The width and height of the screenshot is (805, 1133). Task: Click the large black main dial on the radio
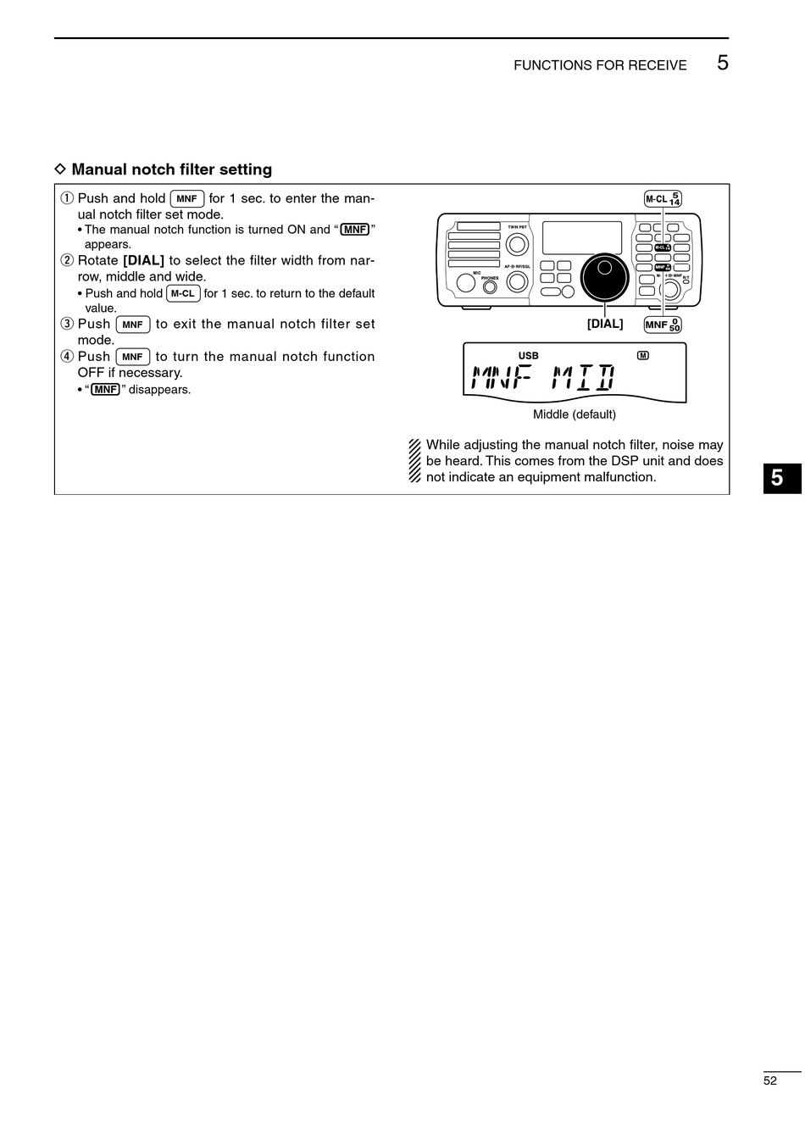click(604, 276)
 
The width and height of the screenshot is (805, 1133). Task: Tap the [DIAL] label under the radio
click(605, 324)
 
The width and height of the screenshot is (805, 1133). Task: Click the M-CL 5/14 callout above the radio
click(663, 199)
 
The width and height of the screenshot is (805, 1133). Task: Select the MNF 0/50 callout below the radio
click(663, 325)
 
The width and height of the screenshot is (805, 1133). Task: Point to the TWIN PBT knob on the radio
click(517, 244)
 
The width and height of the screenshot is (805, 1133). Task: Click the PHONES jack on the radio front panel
click(490, 286)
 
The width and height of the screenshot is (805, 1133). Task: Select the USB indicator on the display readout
click(528, 356)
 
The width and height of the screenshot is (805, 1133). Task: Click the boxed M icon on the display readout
click(642, 355)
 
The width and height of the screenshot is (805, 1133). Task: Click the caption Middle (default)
click(574, 414)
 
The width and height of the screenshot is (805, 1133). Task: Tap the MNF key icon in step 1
click(186, 199)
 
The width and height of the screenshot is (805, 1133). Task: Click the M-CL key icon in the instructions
click(183, 294)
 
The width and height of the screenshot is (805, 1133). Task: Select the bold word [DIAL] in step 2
click(143, 260)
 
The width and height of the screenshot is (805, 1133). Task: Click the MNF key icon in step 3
click(132, 325)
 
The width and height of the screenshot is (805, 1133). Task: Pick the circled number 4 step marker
click(67, 357)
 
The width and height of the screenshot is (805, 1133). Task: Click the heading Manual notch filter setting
click(171, 169)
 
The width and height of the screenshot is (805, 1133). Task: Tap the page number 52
click(769, 1080)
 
